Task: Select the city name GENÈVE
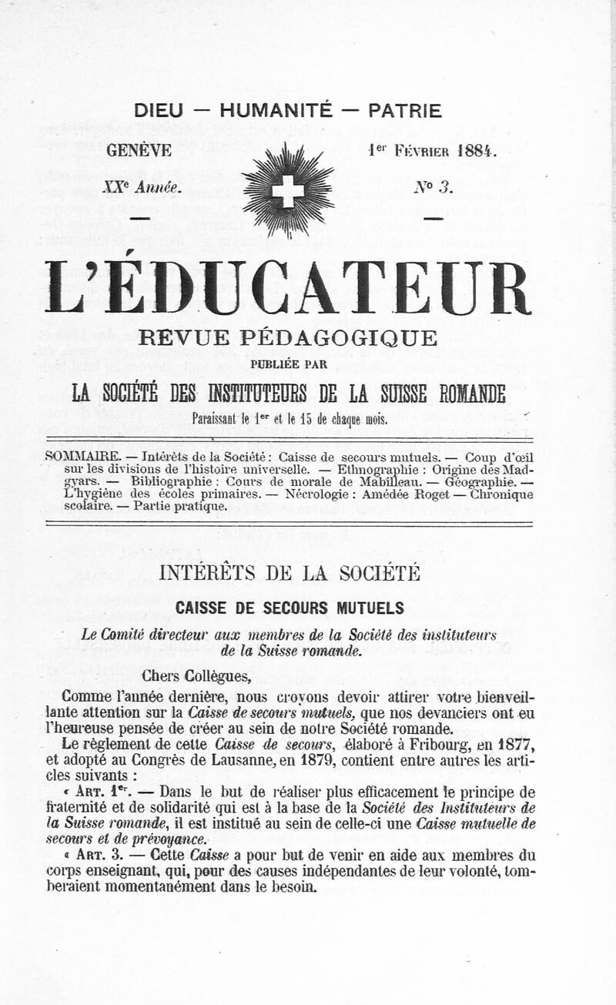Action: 139,150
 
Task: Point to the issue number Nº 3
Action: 434,187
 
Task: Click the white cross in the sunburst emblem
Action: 288,190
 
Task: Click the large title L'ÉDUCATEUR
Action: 288,287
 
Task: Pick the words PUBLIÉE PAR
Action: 288,363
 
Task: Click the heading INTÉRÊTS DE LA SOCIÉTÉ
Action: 289,573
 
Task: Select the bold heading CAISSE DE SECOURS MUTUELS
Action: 290,608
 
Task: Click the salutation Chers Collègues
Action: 197,677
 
